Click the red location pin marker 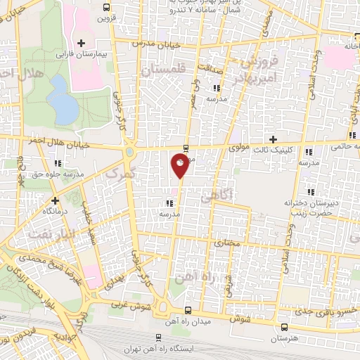coord(180,166)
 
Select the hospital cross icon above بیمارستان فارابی coord(82,44)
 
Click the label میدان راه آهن coord(188,321)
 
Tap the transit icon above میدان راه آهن coord(187,311)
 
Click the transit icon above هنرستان coord(284,328)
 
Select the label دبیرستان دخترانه coord(307,202)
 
